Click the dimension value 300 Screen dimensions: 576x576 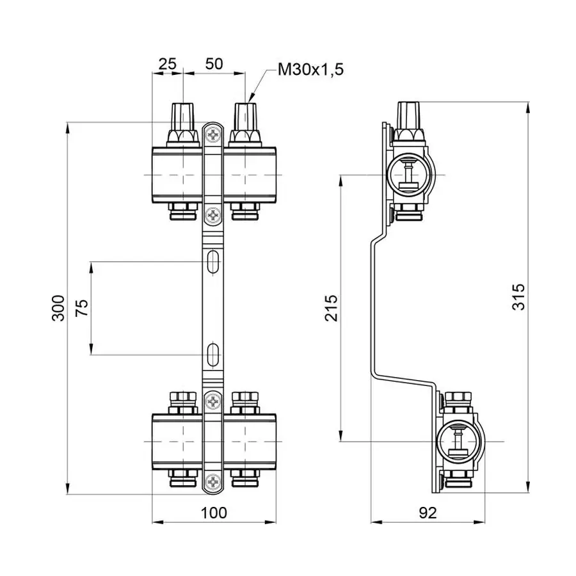tap(58, 308)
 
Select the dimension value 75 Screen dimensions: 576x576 tap(81, 308)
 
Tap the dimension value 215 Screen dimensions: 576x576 tap(331, 308)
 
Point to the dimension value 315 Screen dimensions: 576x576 tap(519, 297)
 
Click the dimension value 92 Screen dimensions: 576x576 tap(428, 512)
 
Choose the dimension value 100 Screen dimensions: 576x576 tap(214, 512)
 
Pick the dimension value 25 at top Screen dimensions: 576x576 tap(167, 64)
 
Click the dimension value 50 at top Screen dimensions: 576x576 tap(214, 64)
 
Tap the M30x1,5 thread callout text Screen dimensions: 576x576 tap(310, 70)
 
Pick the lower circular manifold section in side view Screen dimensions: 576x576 tap(457, 442)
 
